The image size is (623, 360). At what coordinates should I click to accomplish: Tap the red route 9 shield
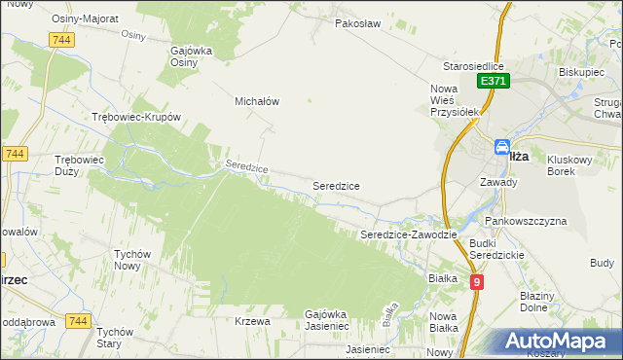[476, 282]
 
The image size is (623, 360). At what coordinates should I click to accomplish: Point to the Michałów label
[257, 100]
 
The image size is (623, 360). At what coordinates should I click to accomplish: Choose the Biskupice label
[582, 71]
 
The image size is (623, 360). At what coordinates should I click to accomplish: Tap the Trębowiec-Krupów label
[136, 117]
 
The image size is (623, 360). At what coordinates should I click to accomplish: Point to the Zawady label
[498, 181]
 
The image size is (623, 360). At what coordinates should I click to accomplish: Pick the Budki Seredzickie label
[496, 248]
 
